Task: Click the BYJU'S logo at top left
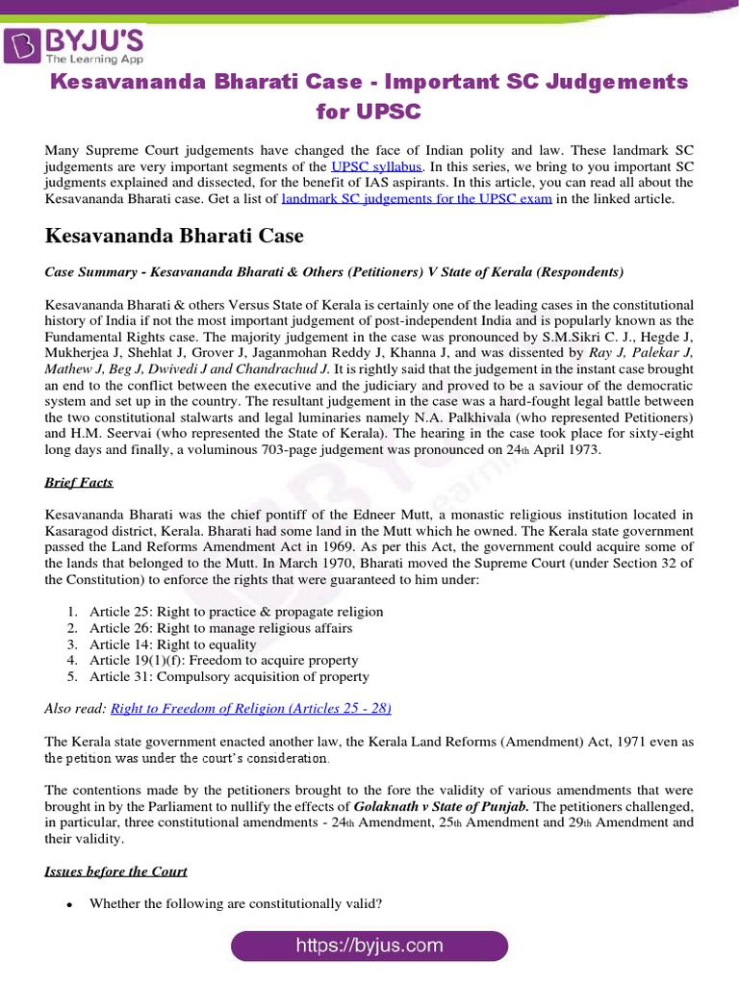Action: coord(75,43)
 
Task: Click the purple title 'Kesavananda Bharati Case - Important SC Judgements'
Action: coord(369,82)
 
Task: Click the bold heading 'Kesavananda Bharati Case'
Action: coord(174,236)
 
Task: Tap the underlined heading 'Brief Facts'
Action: coord(79,482)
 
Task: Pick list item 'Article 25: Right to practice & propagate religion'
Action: coord(236,612)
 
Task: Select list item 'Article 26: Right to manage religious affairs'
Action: coord(220,628)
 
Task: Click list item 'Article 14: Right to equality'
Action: coord(173,644)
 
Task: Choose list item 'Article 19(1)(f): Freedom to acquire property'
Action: coord(223,661)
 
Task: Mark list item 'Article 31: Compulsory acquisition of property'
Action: coord(229,677)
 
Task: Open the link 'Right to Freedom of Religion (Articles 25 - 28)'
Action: coord(251,709)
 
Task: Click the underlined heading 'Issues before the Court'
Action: coord(116,871)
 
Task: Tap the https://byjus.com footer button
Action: coord(369,946)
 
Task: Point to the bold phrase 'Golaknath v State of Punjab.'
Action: coord(442,806)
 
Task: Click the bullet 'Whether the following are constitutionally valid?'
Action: coord(236,903)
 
